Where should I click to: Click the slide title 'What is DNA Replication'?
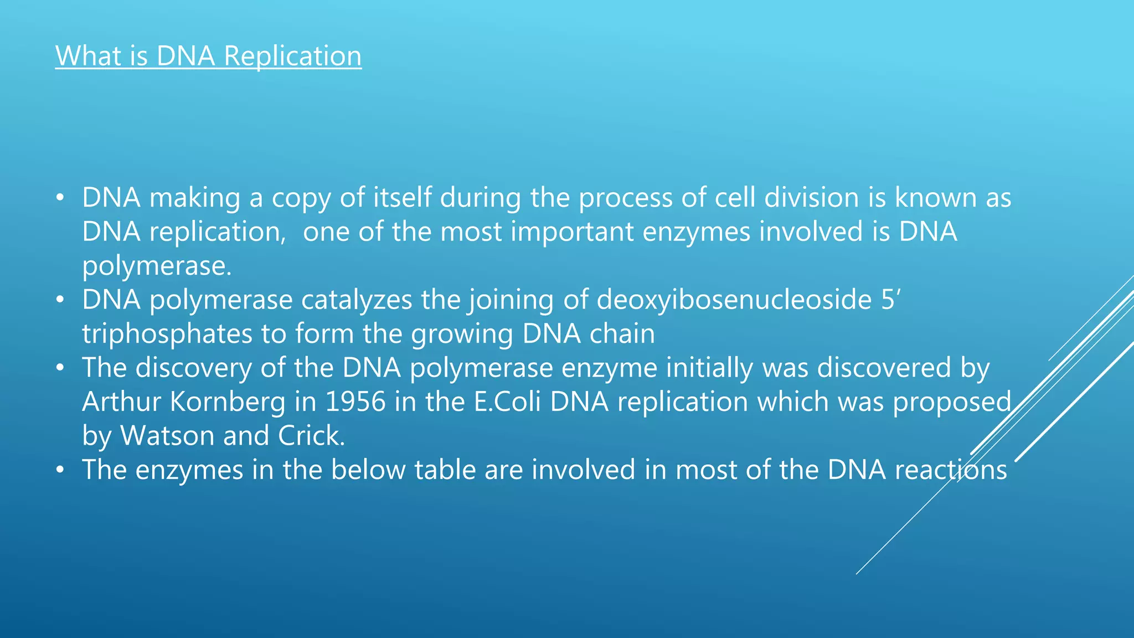(x=208, y=56)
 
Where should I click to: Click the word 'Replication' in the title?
(x=292, y=56)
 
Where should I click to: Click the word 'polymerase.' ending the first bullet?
(x=157, y=266)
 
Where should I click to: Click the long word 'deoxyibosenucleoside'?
(x=734, y=300)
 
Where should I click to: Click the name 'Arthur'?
(x=121, y=402)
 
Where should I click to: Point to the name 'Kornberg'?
(x=228, y=402)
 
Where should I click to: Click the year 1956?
(x=355, y=402)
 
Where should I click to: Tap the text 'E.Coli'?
(x=507, y=402)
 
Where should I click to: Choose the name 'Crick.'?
(x=311, y=436)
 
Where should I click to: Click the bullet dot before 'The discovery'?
(x=60, y=368)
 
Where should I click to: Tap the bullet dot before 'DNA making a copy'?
(x=60, y=198)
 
